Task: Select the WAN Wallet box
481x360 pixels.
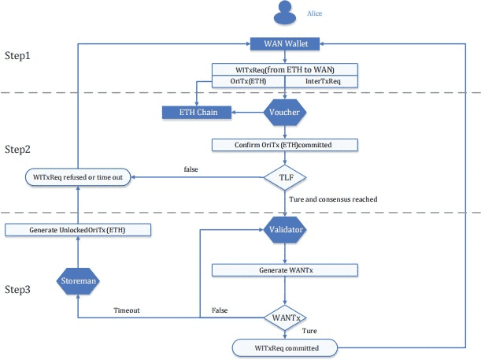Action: (x=285, y=43)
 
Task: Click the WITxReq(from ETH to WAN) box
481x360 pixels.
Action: (x=285, y=69)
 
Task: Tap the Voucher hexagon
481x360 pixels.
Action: (x=285, y=113)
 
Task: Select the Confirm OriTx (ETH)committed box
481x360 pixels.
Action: (x=285, y=145)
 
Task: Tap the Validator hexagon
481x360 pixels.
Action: (x=285, y=230)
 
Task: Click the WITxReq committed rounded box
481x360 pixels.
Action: (x=285, y=346)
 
